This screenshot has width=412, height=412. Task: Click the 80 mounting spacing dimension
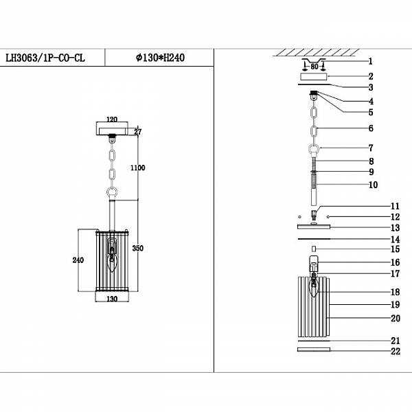pos(314,67)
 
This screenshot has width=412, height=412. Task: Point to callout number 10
pos(373,184)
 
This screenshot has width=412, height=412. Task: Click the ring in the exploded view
pos(314,150)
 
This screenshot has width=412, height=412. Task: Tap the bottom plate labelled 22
pos(314,350)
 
